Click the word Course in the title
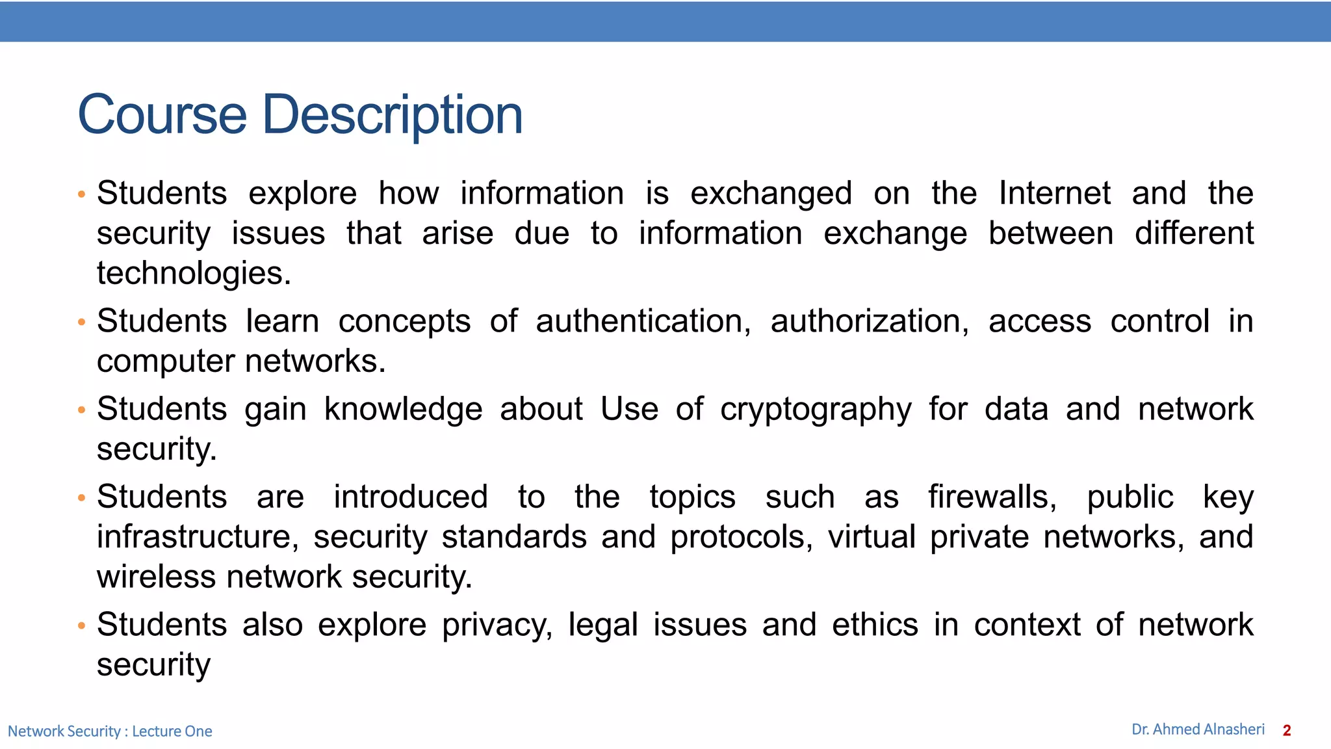click(x=162, y=114)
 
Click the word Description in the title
click(x=392, y=116)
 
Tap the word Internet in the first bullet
click(x=1054, y=193)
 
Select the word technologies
click(x=194, y=274)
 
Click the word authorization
click(x=869, y=321)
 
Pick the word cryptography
click(x=816, y=410)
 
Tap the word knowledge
click(x=403, y=410)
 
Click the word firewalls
click(x=992, y=497)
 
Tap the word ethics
click(x=875, y=625)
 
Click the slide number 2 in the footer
click(x=1287, y=731)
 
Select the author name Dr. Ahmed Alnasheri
click(x=1198, y=729)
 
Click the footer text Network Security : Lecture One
click(x=110, y=731)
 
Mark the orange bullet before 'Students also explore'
click(x=81, y=626)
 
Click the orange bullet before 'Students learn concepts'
click(x=81, y=322)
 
